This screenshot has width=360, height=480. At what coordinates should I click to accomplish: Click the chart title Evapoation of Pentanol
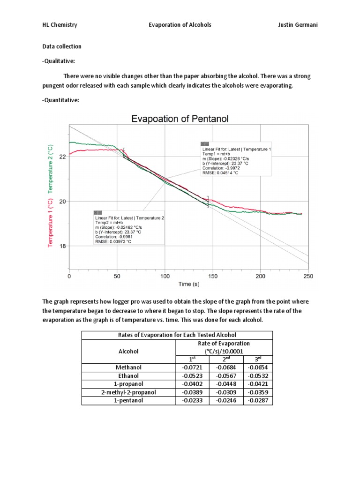tap(180, 119)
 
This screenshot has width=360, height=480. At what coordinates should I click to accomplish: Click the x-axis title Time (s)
tap(188, 285)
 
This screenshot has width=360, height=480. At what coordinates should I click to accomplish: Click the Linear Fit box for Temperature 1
tap(236, 161)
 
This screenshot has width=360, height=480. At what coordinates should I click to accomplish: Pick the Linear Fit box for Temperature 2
tap(129, 227)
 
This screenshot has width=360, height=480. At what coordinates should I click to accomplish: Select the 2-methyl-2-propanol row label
tap(128, 392)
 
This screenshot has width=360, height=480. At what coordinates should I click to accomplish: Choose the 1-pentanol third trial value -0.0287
tap(258, 400)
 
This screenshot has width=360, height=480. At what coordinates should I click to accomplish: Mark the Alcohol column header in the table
tap(128, 351)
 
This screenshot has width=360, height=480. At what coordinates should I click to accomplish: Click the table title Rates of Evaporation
tap(177, 335)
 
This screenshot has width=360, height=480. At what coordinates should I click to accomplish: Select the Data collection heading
tap(62, 46)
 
